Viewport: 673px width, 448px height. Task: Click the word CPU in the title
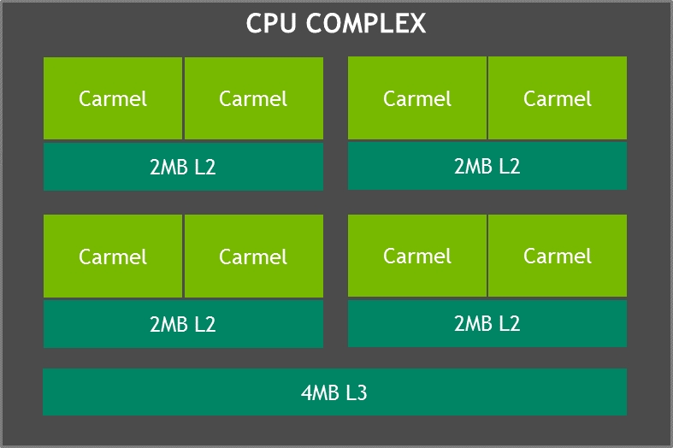tap(271, 23)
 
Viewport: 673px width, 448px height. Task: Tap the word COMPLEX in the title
tap(366, 23)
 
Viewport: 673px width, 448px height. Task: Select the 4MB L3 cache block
tap(334, 392)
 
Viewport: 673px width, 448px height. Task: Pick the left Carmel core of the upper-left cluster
tap(113, 98)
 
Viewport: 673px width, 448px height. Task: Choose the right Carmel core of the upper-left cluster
tap(254, 98)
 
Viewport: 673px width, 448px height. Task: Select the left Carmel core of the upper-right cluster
tap(417, 97)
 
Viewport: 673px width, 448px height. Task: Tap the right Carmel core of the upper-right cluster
tap(558, 97)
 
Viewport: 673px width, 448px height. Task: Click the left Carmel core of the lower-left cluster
tap(113, 256)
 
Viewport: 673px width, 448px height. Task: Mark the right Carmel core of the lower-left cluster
tap(254, 256)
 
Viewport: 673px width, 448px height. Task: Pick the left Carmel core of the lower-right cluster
tap(417, 256)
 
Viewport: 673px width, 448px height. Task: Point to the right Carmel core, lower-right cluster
tap(558, 256)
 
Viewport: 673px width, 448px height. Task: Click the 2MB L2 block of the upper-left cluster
tap(183, 167)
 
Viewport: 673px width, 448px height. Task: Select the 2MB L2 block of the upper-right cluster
tap(487, 166)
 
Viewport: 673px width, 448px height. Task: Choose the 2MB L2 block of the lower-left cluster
tap(183, 324)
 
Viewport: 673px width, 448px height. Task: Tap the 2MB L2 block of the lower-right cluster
tap(487, 323)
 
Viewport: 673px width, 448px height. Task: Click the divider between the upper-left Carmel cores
tap(183, 98)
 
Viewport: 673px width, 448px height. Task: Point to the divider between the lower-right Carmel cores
tap(487, 256)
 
